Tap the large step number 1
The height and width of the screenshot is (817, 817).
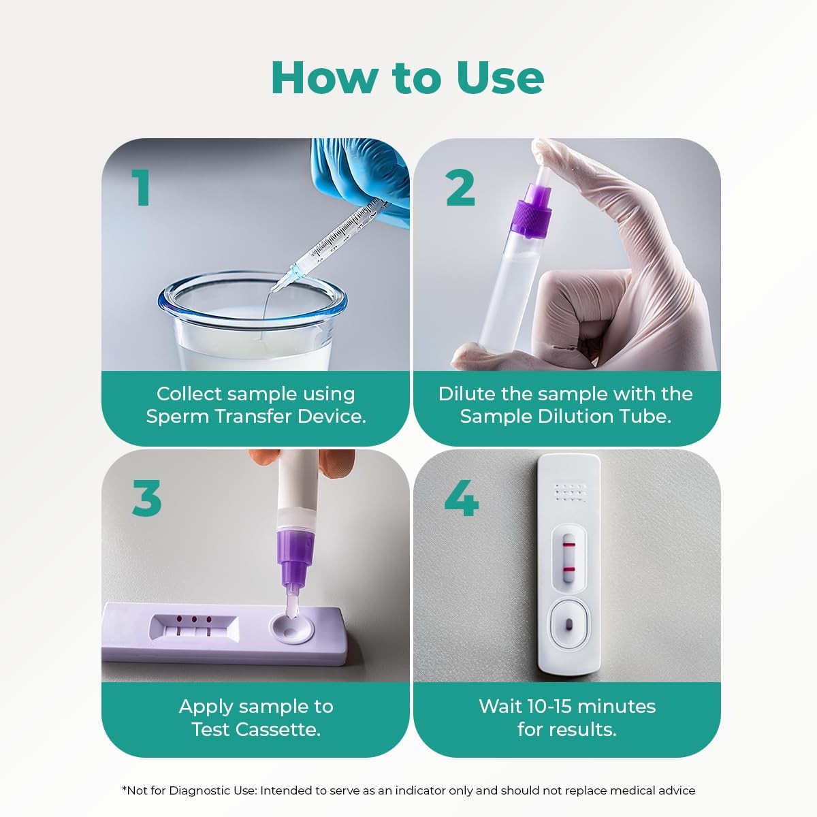pos(142,187)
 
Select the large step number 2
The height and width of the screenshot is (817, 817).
pos(460,187)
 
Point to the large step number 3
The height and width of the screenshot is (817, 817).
pos(146,498)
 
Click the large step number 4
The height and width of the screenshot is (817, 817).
pos(462,498)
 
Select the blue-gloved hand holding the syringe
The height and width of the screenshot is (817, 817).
pos(360,178)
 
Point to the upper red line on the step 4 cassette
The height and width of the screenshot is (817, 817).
pos(568,543)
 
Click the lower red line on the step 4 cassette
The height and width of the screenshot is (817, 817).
pos(568,570)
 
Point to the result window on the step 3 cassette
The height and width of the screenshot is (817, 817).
pos(194,628)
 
